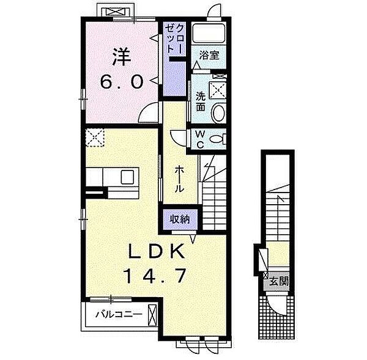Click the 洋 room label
tap(122, 57)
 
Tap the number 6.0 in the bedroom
tap(122, 82)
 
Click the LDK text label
tap(156, 251)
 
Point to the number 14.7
tap(155, 276)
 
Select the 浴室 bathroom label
tap(209, 56)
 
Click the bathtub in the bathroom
tap(209, 33)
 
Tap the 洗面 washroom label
tap(201, 101)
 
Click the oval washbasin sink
tap(218, 112)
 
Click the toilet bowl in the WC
tap(217, 139)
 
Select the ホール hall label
tap(179, 178)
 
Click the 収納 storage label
tap(180, 219)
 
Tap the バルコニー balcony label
tap(119, 314)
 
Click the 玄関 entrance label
tap(278, 281)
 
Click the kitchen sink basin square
tap(127, 177)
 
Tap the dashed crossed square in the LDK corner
tap(95, 138)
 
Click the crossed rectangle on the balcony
tap(152, 315)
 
